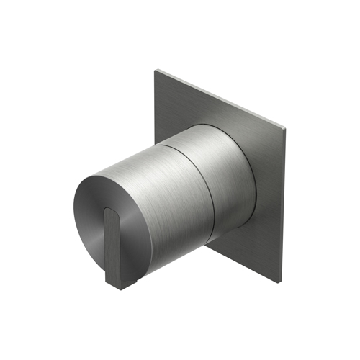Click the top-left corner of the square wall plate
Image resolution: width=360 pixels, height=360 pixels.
[x=156, y=70]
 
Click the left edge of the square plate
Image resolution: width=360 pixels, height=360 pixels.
[x=155, y=108]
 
